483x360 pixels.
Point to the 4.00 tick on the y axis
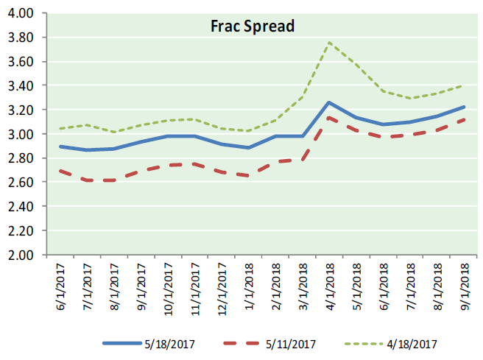tap(23, 13)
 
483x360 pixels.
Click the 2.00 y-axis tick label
tap(23, 255)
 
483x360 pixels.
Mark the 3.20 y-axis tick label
tap(23, 110)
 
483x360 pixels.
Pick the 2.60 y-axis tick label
tap(23, 183)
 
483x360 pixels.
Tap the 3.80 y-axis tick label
tap(23, 38)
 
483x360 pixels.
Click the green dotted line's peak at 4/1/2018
tap(328, 42)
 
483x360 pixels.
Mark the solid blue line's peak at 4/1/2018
tap(328, 102)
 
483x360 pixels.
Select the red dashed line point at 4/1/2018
tap(328, 117)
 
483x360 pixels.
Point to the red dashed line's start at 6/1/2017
tap(60, 171)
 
